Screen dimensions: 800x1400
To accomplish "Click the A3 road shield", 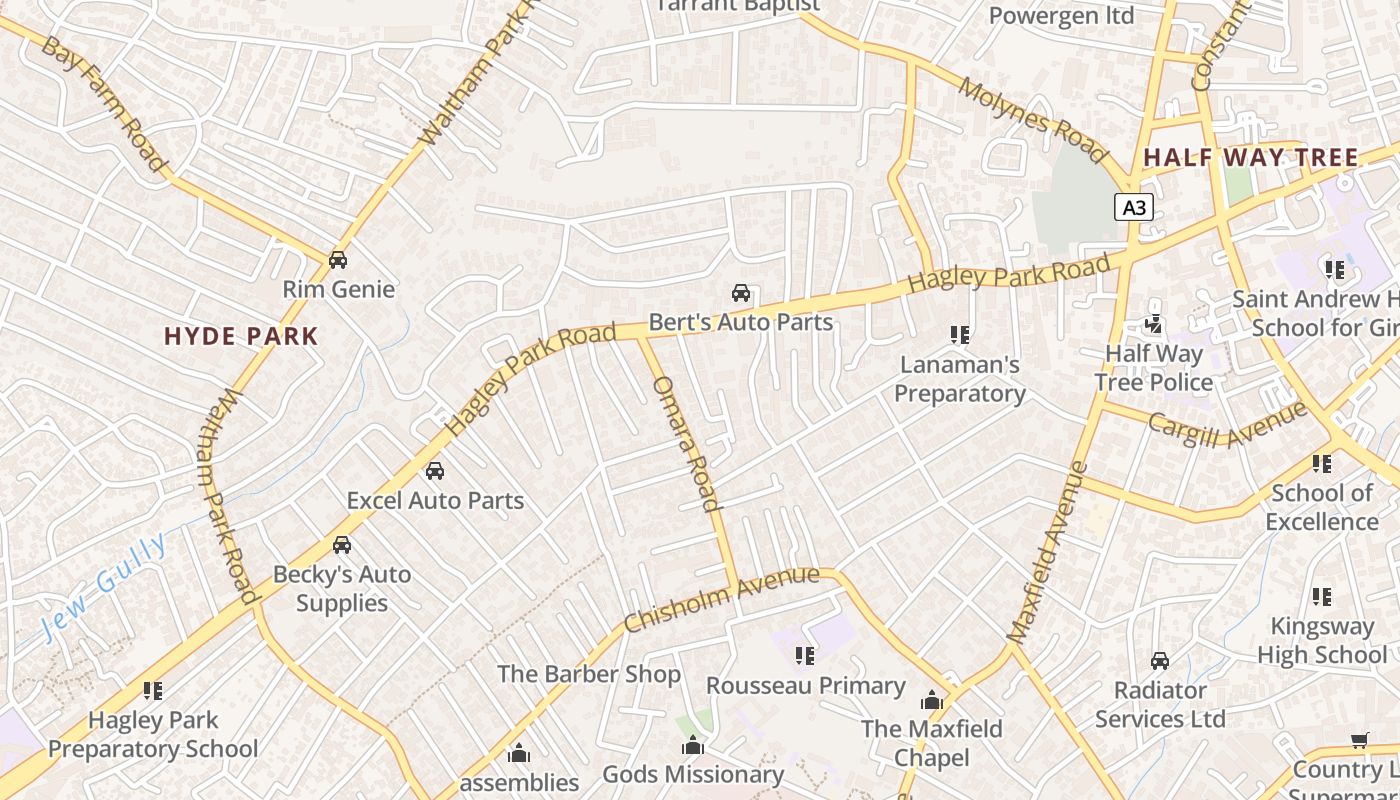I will [x=1134, y=207].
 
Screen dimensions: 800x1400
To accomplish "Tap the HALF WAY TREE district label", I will [x=1251, y=158].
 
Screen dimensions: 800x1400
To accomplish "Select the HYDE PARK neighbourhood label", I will [x=241, y=337].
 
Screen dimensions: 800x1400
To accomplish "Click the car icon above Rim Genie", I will [x=338, y=260].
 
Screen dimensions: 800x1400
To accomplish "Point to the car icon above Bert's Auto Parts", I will [x=741, y=293].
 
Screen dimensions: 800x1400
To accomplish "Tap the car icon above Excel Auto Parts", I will [x=435, y=470].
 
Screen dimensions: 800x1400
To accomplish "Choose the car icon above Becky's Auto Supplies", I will [x=342, y=545].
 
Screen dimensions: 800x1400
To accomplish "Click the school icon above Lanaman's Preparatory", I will [x=960, y=334].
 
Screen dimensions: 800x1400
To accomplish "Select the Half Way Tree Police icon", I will [x=1154, y=324].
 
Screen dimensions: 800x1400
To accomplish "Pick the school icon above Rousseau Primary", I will [x=805, y=656].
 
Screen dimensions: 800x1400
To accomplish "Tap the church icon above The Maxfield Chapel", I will [x=932, y=700].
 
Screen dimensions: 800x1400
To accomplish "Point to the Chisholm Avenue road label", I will [x=721, y=599].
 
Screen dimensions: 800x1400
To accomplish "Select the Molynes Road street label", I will [x=1032, y=120].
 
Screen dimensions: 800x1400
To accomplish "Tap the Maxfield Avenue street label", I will [x=1047, y=552].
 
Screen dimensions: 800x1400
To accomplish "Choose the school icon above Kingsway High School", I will [x=1322, y=597].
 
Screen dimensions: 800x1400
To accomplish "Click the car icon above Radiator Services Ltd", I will [x=1160, y=661].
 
